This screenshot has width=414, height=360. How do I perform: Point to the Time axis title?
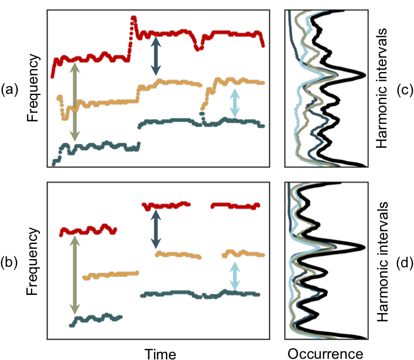click(161, 352)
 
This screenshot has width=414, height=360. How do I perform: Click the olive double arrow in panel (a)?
click(73, 102)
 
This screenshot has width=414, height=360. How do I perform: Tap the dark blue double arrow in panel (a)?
click(155, 56)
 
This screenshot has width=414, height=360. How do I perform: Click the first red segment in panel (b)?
click(88, 229)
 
